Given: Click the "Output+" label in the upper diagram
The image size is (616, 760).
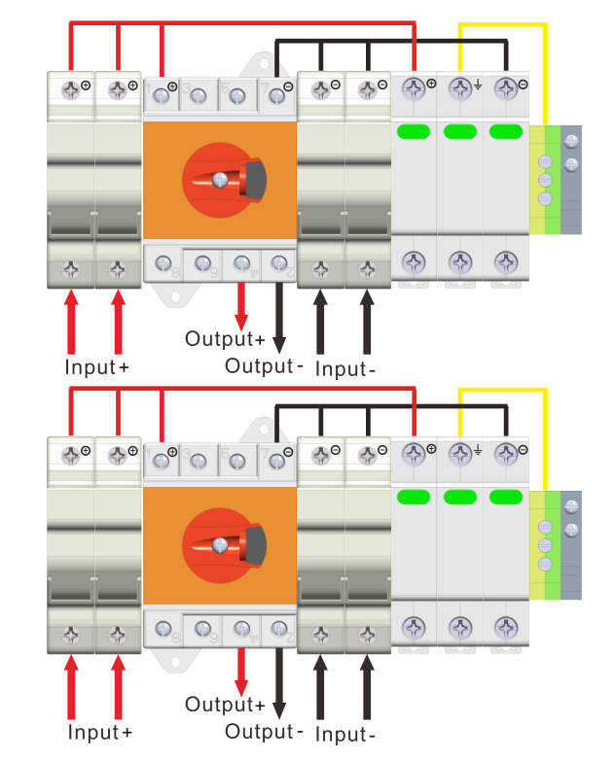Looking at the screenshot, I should [225, 339].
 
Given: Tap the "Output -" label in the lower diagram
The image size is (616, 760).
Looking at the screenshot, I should [265, 731].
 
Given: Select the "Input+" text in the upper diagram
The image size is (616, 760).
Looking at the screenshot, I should [96, 367].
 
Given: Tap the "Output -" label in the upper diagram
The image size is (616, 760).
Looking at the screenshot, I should [265, 365].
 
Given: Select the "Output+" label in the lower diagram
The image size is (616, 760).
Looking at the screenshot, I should [225, 704].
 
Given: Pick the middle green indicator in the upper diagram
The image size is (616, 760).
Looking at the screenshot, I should [459, 132].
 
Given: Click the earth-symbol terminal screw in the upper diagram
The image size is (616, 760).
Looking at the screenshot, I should [459, 90].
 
